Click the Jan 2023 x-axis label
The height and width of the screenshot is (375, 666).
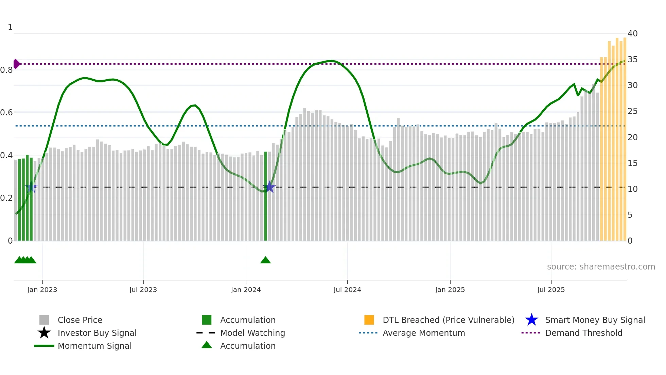pyautogui.click(x=42, y=290)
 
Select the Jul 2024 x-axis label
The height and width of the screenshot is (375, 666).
pyautogui.click(x=347, y=290)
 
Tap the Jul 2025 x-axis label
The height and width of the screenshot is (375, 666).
pyautogui.click(x=551, y=290)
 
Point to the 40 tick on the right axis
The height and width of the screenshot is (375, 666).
pyautogui.click(x=632, y=34)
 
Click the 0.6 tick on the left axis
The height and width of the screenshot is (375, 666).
pyautogui.click(x=7, y=113)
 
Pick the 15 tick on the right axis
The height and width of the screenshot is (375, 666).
pyautogui.click(x=632, y=163)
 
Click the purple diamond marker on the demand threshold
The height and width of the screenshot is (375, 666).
pyautogui.click(x=16, y=64)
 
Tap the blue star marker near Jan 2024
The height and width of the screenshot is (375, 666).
pyautogui.click(x=269, y=187)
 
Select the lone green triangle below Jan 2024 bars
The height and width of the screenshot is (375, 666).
pyautogui.click(x=265, y=260)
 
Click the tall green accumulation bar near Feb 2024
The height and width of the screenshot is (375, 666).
pyautogui.click(x=266, y=197)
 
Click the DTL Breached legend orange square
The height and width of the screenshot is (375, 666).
pyautogui.click(x=369, y=320)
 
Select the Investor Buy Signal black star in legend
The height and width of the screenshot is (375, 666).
pyautogui.click(x=44, y=333)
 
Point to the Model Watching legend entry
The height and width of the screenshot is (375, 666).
pyautogui.click(x=252, y=333)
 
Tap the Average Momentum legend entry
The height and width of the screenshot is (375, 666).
pyautogui.click(x=423, y=333)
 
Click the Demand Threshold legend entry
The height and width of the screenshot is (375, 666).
pyautogui.click(x=583, y=333)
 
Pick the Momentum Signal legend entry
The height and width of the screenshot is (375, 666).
pyautogui.click(x=94, y=346)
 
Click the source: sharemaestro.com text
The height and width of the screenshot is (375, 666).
pyautogui.click(x=601, y=267)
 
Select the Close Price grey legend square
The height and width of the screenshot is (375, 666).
pyautogui.click(x=44, y=320)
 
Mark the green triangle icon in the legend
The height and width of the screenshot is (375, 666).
pyautogui.click(x=207, y=345)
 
